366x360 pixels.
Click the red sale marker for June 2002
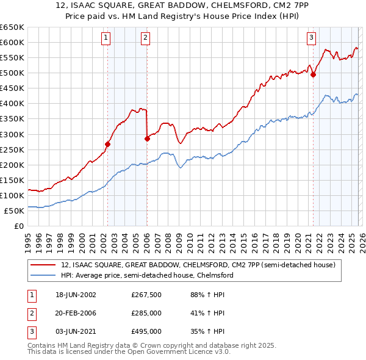click(x=108, y=145)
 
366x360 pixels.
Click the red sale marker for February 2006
click(x=147, y=139)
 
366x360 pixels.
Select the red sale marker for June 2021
click(x=313, y=75)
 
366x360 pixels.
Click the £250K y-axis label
click(x=12, y=149)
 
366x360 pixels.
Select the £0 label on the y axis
click(x=20, y=226)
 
